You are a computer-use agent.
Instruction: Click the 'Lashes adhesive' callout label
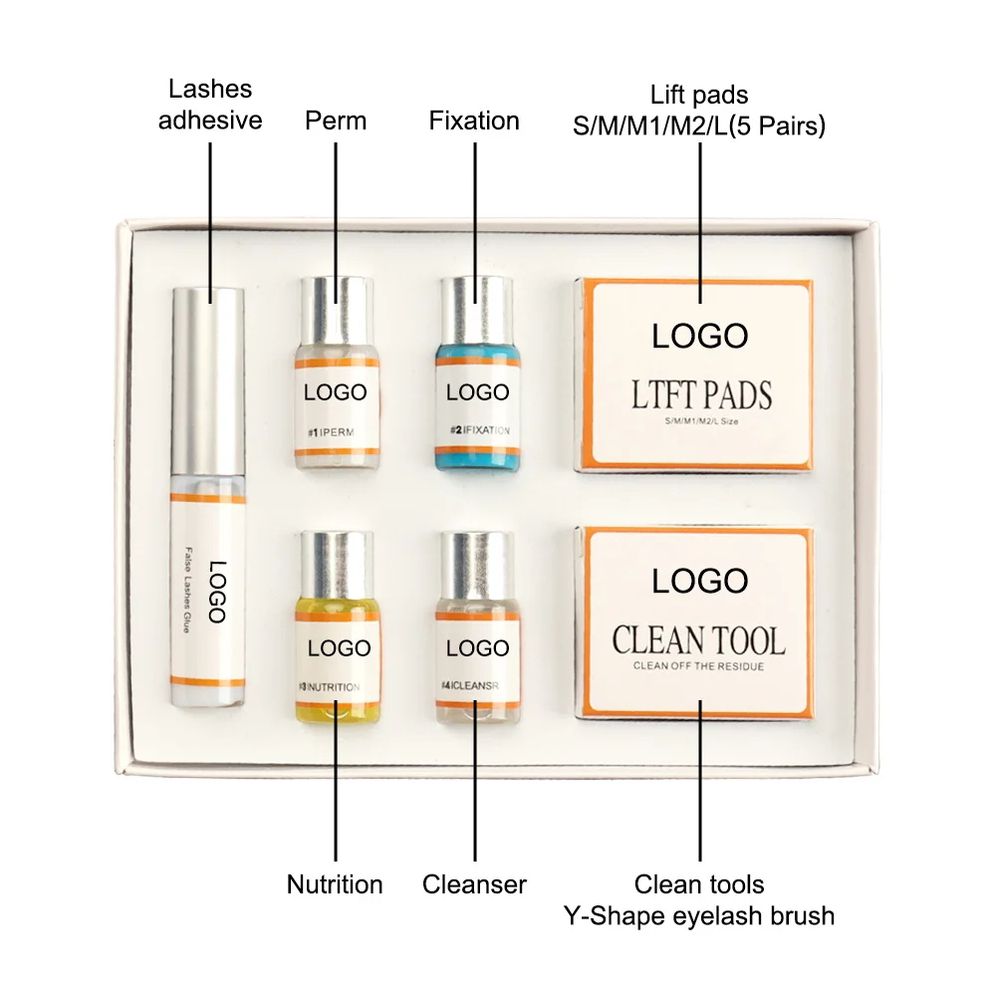210,105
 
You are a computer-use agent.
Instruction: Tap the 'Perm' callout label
336,121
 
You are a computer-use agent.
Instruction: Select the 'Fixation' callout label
474,121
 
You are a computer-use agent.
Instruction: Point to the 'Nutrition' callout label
335,883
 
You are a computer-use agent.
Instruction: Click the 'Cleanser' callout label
474,883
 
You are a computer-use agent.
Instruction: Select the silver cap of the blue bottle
476,304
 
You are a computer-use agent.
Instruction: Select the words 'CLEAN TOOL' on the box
698,639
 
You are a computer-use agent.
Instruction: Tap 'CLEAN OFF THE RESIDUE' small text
698,666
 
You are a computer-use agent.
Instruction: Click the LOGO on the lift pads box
699,336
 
